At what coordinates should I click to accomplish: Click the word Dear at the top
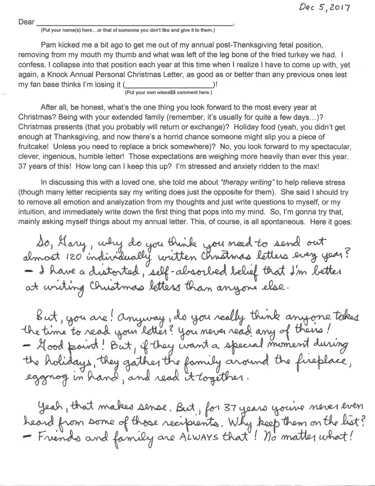[x=26, y=23]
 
